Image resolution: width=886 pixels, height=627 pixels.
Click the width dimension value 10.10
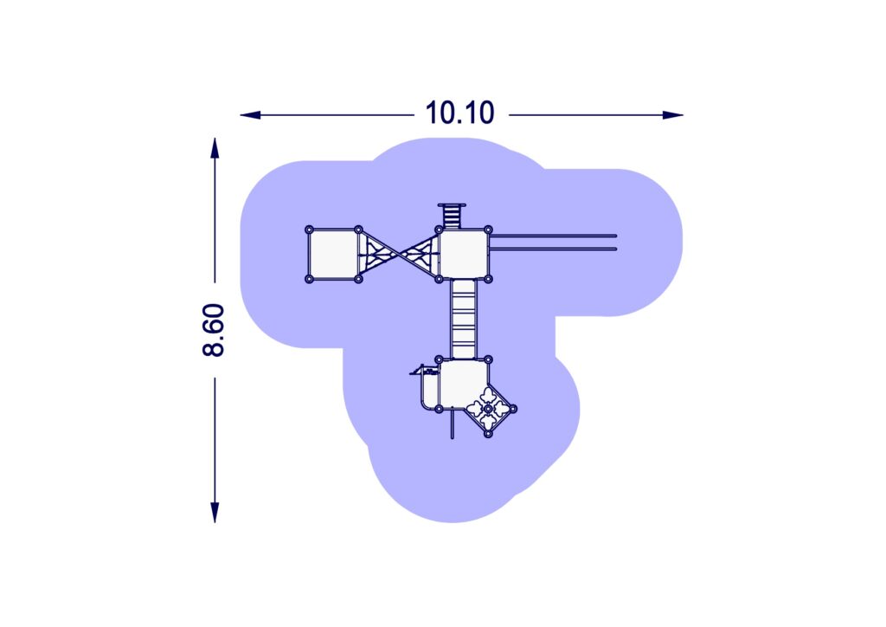459,113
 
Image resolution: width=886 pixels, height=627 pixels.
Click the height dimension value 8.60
214,330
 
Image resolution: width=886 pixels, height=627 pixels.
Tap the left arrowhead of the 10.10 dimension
250,115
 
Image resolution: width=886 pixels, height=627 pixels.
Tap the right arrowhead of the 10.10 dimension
673,115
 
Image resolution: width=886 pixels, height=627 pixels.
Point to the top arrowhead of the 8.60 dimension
215,148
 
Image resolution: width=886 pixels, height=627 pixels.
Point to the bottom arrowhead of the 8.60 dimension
215,512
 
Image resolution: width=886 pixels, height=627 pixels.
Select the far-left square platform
333,255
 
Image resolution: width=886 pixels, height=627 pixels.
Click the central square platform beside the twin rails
464,255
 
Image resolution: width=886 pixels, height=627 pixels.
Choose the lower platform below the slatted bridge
462,384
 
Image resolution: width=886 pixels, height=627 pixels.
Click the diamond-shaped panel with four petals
488,408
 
